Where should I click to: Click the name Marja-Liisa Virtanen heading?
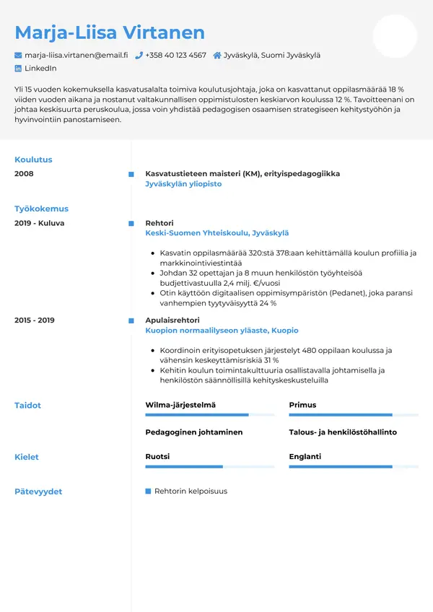coord(110,32)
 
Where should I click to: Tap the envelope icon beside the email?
coord(18,55)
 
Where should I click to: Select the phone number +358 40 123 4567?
coord(175,55)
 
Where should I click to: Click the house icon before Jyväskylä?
coord(216,55)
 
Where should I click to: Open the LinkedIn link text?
coord(40,68)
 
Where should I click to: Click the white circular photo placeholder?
coord(395,36)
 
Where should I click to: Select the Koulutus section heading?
coord(33,159)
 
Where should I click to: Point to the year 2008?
coord(24,174)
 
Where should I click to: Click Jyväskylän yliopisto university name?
coord(183,184)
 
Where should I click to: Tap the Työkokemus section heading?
coord(41,209)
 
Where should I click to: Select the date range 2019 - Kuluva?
coord(39,223)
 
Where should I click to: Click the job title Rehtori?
coord(159,223)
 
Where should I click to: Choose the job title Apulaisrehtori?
coord(172,320)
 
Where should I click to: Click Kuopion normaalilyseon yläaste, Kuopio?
coord(222,330)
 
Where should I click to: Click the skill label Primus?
coord(302,405)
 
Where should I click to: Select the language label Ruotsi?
coord(157,457)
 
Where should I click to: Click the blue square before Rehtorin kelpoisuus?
coord(148,491)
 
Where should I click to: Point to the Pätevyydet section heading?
coord(38,491)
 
